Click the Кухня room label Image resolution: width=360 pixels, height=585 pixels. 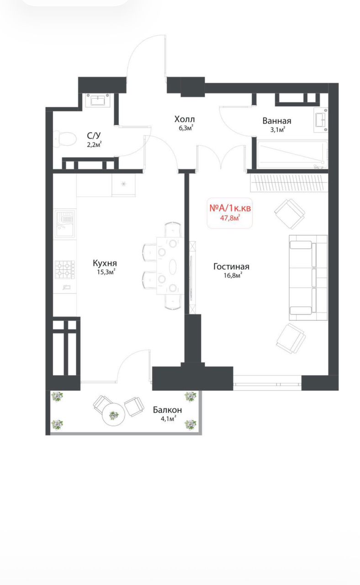(x=105, y=263)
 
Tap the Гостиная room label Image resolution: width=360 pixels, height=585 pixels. (x=231, y=266)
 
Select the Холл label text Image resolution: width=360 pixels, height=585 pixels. (x=185, y=119)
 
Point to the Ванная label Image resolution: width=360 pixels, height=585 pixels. (x=277, y=121)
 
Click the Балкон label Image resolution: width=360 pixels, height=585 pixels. (x=167, y=410)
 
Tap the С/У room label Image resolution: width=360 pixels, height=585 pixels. (x=94, y=136)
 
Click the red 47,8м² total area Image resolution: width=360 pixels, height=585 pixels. (x=230, y=218)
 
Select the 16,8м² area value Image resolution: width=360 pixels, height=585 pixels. (x=233, y=275)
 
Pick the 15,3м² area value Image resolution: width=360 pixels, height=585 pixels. (x=106, y=272)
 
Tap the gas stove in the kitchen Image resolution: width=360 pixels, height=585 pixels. (x=65, y=270)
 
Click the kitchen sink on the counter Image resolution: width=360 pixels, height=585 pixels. (x=65, y=224)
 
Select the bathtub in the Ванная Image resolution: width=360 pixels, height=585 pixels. (x=292, y=155)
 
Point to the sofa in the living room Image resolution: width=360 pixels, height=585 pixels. (x=308, y=277)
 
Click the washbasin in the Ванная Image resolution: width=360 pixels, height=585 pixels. (x=320, y=120)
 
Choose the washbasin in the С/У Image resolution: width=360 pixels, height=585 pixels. (x=98, y=100)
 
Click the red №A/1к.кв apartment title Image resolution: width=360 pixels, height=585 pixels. (x=230, y=208)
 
